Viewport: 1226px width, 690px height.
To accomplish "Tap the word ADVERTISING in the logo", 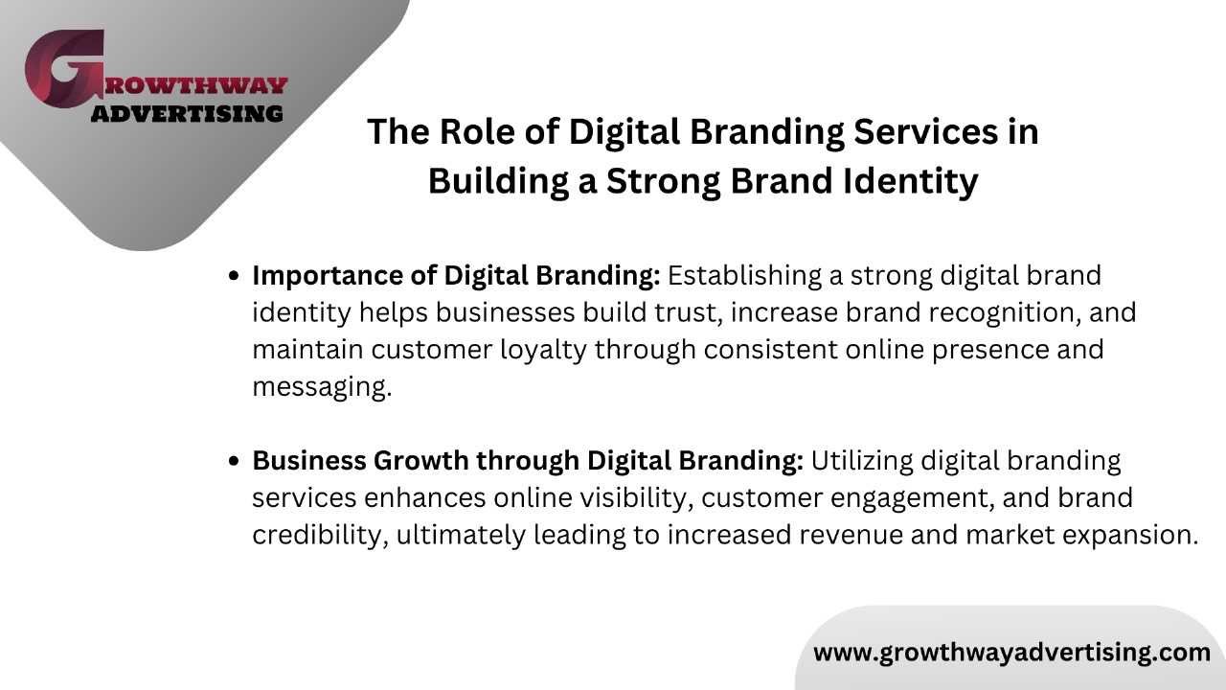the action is tap(187, 114).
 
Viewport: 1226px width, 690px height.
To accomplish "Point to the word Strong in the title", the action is tap(664, 182).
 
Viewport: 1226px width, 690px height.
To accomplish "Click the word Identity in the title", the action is tap(910, 182).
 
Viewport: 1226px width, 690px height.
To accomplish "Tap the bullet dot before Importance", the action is tap(234, 275).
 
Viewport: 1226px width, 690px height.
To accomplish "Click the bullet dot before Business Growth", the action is tap(234, 461).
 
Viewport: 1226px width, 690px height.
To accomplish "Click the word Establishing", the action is tap(744, 276).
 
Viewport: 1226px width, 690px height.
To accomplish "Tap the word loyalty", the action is tap(543, 351).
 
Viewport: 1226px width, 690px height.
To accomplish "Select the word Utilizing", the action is tap(861, 461).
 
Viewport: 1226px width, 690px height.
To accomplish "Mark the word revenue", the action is tap(851, 535).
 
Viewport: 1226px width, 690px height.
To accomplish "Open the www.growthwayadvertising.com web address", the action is tap(1011, 654).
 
